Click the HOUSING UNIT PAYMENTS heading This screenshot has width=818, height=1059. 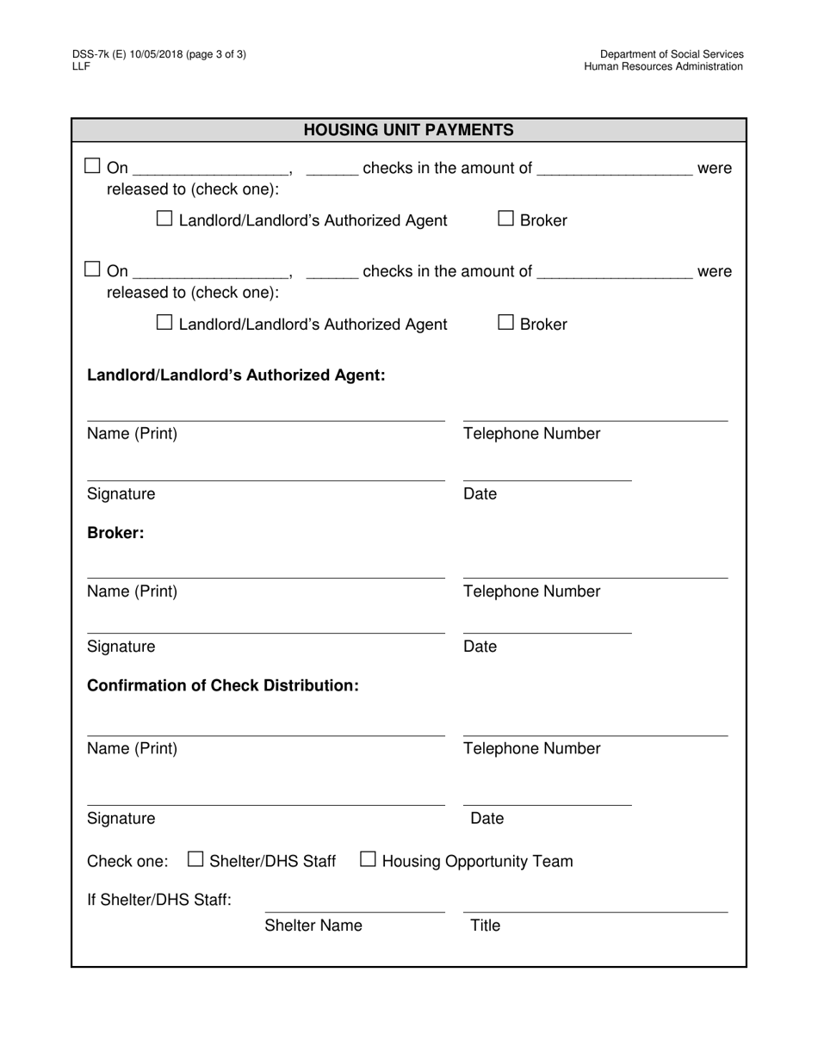pos(408,130)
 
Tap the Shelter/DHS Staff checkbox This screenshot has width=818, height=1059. pos(195,859)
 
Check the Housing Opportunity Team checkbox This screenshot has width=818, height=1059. pos(368,859)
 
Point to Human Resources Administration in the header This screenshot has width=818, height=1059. pos(663,66)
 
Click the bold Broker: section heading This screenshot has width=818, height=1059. pos(115,533)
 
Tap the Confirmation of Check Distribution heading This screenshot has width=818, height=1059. pos(223,685)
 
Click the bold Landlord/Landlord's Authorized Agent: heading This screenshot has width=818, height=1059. pos(236,375)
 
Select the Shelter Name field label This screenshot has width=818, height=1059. pos(313,926)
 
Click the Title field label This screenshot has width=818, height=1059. pos(485,926)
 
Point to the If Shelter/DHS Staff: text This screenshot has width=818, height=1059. pos(159,900)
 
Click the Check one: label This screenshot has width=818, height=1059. pos(128,861)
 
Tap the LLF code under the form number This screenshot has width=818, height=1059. pos(81,66)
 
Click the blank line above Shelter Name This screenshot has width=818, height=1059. pos(355,912)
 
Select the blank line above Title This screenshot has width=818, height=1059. pos(595,912)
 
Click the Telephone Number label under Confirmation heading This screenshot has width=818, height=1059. pos(531,748)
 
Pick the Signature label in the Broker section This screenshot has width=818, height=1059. pos(121,647)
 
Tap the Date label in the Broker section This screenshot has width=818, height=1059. pos(480,647)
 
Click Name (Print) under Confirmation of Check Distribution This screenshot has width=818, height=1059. pos(132,748)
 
